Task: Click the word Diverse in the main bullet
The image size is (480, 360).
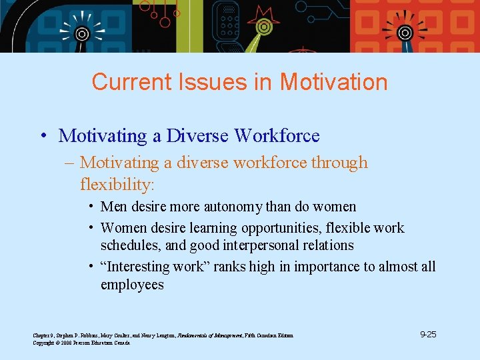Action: (198, 136)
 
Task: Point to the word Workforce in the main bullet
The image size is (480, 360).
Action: (277, 136)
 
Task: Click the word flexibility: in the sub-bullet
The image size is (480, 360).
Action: (117, 183)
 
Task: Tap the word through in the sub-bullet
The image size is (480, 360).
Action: (339, 163)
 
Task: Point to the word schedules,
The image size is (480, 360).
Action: (131, 245)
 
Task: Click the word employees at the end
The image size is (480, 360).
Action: (131, 285)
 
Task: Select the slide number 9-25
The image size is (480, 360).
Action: (428, 334)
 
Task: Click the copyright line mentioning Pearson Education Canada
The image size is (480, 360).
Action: (81, 343)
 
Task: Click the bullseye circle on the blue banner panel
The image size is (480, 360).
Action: (81, 33)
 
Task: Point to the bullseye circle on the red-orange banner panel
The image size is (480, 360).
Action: (405, 32)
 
